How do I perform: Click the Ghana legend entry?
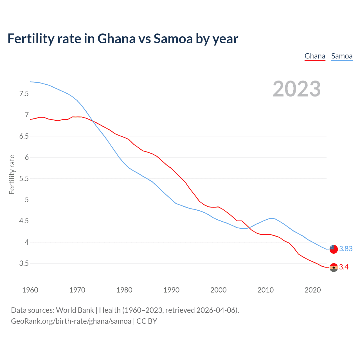coord(315,56)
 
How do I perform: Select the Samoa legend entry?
coord(342,56)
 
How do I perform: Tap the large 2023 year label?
coord(296,89)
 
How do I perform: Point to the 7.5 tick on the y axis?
coord(24,94)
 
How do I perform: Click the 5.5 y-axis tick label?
coord(24,179)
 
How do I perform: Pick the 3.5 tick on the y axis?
coord(24,264)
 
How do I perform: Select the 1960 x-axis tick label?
coord(30,290)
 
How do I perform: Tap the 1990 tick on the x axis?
coord(171,290)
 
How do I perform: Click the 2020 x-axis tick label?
coord(312,290)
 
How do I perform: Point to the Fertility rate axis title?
coord(12,174)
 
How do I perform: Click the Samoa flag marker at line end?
coord(333,249)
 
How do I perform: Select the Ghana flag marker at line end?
coord(334,267)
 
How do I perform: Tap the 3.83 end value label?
coord(346,249)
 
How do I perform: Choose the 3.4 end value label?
coord(344,267)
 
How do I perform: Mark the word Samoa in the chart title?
coord(173,39)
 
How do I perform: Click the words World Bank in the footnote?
coord(75,310)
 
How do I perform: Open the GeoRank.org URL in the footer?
coord(71,321)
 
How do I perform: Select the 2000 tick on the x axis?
coord(218,290)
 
